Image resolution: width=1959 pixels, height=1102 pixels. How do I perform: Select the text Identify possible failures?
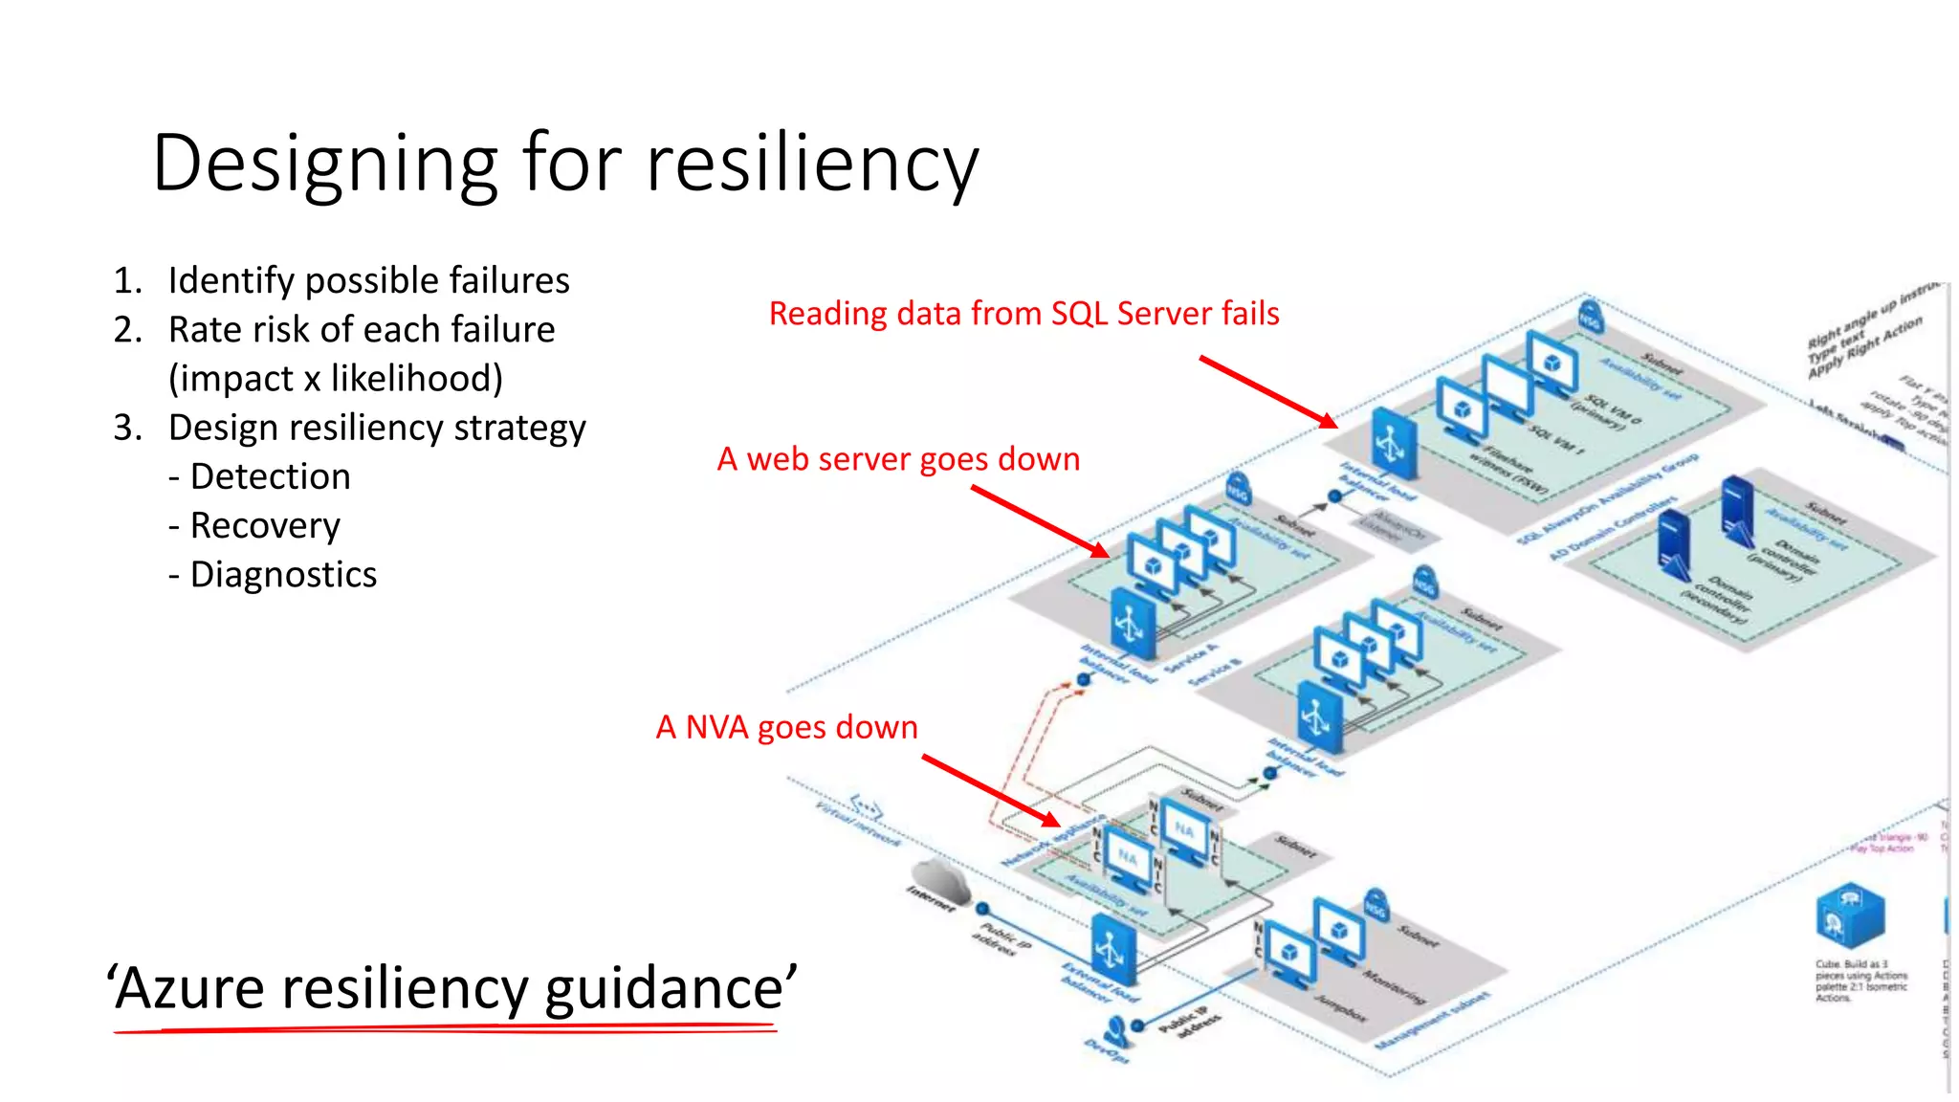[368, 280]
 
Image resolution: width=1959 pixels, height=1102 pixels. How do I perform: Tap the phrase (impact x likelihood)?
[335, 379]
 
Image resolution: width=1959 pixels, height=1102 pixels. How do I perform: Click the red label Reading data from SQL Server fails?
[1024, 314]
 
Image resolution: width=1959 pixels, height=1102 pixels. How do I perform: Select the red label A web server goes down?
[898, 459]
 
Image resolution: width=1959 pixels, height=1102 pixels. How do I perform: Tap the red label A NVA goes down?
[786, 727]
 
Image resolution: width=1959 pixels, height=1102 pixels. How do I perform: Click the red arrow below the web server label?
[1040, 521]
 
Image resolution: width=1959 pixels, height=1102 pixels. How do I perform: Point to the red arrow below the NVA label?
[991, 790]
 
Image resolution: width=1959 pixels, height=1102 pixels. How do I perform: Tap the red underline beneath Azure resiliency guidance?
[445, 1029]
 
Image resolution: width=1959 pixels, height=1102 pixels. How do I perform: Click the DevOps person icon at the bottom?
[1114, 1031]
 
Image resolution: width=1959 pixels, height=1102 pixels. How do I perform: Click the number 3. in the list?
[127, 428]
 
